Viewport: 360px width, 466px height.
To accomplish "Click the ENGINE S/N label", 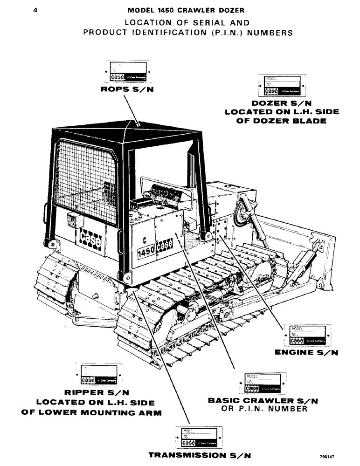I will pos(306,353).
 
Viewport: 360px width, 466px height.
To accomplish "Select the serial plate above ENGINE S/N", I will pos(307,335).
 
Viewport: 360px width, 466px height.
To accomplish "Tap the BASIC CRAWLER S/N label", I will pos(257,400).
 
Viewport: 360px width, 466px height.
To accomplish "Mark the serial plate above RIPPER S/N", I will pos(99,374).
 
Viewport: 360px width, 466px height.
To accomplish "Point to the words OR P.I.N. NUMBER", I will pos(264,409).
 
